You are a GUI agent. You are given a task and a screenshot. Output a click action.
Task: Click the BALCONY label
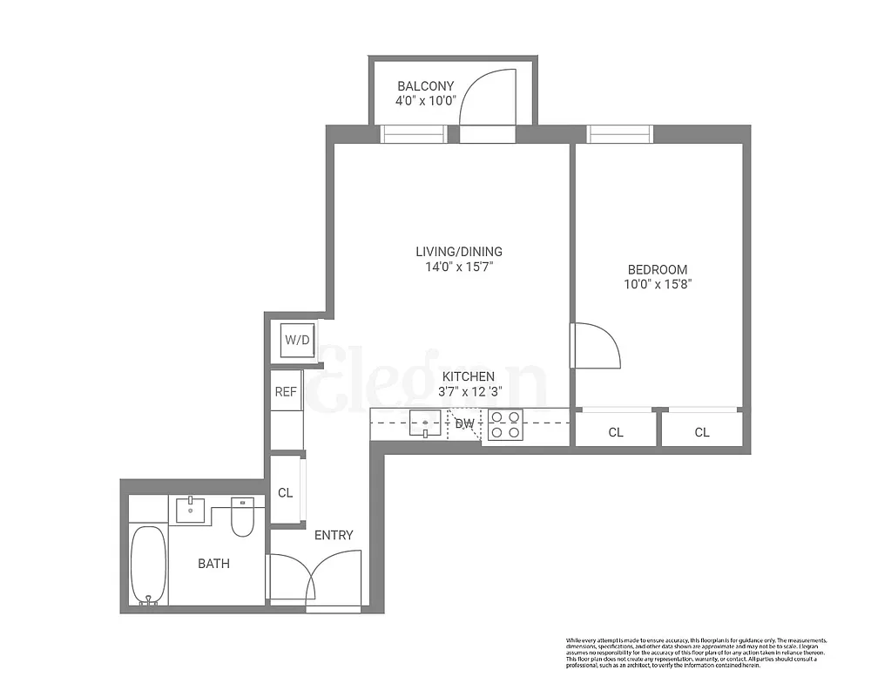click(425, 85)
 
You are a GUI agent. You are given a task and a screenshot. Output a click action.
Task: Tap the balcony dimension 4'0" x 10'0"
click(425, 100)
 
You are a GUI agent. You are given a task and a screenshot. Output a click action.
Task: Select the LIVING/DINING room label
click(458, 252)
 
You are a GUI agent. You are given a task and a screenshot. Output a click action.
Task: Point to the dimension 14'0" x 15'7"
click(458, 267)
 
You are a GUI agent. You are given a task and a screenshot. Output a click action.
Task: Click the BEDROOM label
click(658, 269)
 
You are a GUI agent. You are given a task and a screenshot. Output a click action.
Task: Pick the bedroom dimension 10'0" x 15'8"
click(658, 284)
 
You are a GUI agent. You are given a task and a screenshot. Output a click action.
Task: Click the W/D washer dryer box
click(297, 340)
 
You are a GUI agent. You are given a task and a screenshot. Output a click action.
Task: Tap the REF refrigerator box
click(287, 392)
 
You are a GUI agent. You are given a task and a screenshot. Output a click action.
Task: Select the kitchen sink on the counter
click(425, 423)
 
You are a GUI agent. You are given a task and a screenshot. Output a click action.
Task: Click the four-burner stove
click(504, 424)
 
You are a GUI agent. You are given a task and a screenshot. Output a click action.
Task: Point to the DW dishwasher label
click(464, 424)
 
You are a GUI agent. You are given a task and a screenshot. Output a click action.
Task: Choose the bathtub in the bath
click(148, 565)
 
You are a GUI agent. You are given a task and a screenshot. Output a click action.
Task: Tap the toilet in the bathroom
click(242, 518)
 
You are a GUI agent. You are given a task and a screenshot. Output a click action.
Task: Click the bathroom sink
click(190, 509)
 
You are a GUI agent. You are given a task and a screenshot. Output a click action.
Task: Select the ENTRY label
click(334, 535)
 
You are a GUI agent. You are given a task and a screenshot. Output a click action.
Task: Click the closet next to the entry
click(285, 492)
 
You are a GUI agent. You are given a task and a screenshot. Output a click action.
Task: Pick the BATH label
click(213, 564)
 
